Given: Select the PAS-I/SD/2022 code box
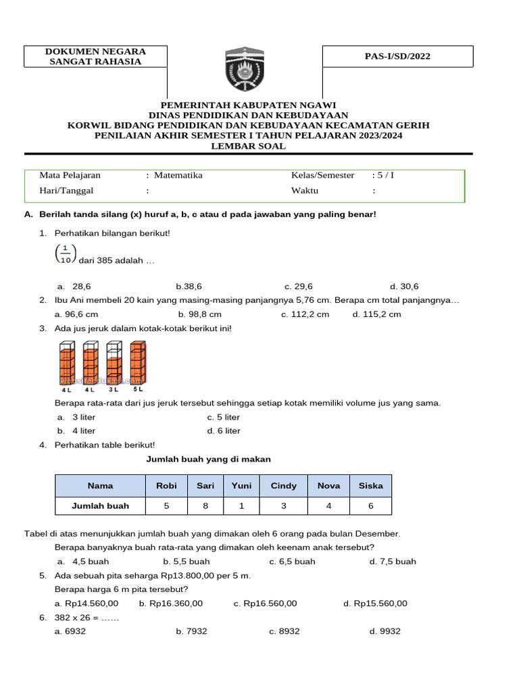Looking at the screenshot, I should coord(397,56).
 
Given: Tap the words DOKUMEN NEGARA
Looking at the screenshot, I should coord(95,51).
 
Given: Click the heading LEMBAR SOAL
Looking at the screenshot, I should coord(248,146).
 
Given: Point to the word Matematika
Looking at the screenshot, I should coord(178,175).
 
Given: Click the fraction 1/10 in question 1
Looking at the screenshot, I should coord(65,255).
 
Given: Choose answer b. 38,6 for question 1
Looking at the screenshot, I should coord(189,287).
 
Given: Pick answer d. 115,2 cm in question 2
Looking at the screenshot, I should coord(376,314).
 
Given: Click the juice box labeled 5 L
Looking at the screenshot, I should coord(138,365).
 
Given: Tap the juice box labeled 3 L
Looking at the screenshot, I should coord(114,365).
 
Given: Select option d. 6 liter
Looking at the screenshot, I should coord(224,430).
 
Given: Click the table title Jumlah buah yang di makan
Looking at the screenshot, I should coord(208,459).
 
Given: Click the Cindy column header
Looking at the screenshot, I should coord(283,485).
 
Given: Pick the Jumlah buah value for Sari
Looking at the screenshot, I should coord(205,505).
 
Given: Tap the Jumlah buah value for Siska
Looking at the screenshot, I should coord(370,505).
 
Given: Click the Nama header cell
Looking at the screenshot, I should coord(100,485).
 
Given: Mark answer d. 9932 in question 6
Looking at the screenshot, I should coord(385,631).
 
